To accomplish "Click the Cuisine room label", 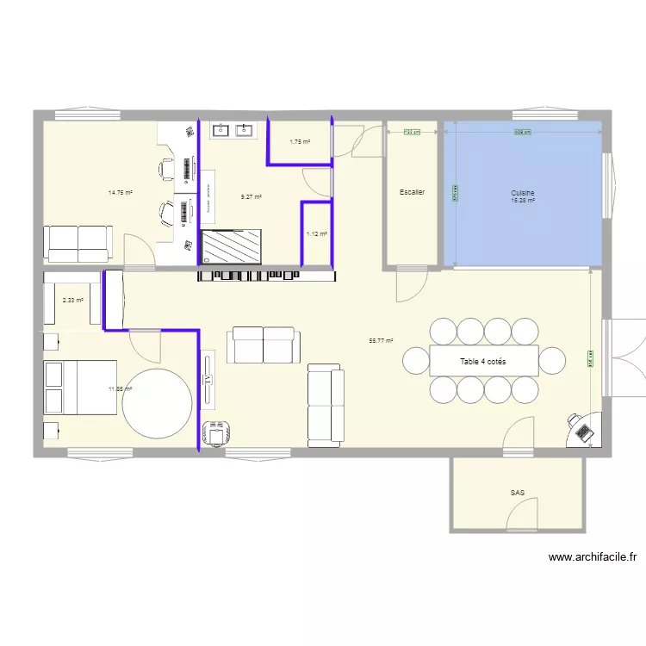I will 524,194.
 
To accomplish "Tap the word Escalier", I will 412,192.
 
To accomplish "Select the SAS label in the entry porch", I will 517,494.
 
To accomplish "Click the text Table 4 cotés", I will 483,362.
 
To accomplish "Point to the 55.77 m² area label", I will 381,341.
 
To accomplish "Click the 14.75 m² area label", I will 120,193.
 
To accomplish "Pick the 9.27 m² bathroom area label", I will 252,197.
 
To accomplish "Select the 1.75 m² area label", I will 299,142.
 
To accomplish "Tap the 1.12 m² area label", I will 317,233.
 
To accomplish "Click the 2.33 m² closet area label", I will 72,301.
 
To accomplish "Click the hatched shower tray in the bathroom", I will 232,246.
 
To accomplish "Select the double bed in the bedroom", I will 79,387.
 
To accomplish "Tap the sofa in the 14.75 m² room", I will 78,243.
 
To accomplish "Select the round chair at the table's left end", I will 415,361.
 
